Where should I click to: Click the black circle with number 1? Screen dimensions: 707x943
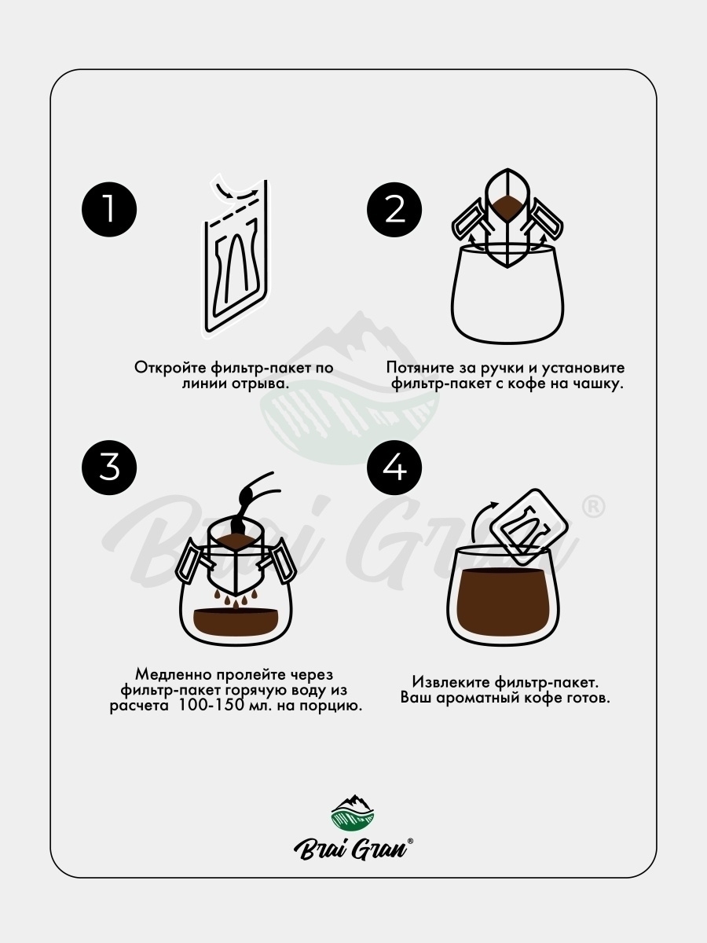click(x=109, y=210)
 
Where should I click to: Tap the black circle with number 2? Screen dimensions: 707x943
click(x=394, y=210)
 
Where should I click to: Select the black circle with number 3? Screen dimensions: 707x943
click(x=109, y=468)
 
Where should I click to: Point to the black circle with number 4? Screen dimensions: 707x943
click(x=394, y=468)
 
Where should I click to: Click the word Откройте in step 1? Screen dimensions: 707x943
click(x=170, y=368)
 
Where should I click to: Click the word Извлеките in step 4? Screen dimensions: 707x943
click(x=451, y=682)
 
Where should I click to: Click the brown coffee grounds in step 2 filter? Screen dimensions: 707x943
click(x=507, y=205)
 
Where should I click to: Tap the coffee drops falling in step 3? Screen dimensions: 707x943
click(x=236, y=598)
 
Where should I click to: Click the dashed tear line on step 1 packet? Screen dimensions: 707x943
click(x=232, y=214)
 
